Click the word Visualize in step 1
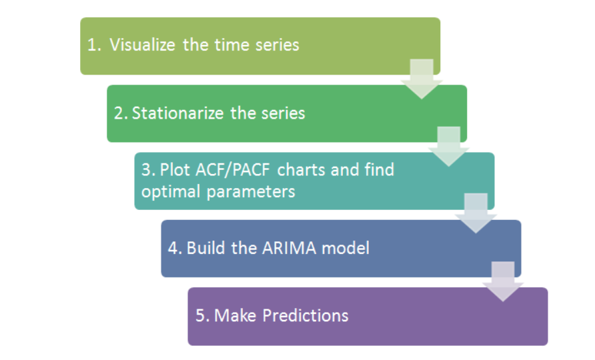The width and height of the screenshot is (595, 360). tap(142, 45)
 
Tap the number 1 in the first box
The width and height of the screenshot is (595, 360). tap(91, 45)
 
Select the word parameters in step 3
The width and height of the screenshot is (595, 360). tap(253, 191)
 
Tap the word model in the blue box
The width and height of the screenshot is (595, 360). tap(346, 249)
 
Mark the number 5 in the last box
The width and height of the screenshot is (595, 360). tap(199, 315)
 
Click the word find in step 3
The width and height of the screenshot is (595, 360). tap(380, 169)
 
